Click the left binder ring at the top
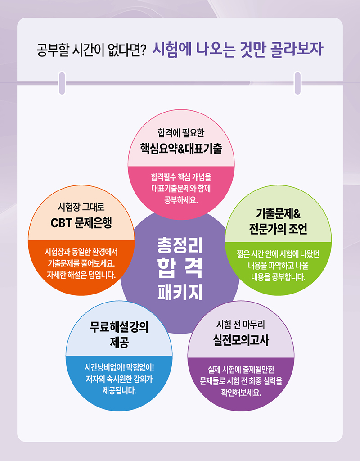pyautogui.click(x=62, y=83)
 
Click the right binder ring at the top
pyautogui.click(x=298, y=83)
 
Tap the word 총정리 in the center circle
pyautogui.click(x=180, y=245)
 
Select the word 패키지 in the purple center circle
pyautogui.click(x=180, y=292)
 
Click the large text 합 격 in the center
pyautogui.click(x=180, y=268)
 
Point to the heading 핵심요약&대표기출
pyautogui.click(x=181, y=149)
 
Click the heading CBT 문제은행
pyautogui.click(x=81, y=223)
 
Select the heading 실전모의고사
pyautogui.click(x=241, y=340)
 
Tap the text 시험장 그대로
pyautogui.click(x=81, y=207)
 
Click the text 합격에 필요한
pyautogui.click(x=181, y=133)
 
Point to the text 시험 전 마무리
pyautogui.click(x=241, y=325)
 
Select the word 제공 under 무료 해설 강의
pyautogui.click(x=119, y=342)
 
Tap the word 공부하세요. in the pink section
pyautogui.click(x=181, y=200)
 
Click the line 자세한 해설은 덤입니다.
pyautogui.click(x=81, y=275)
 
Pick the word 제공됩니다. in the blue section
pyautogui.click(x=119, y=391)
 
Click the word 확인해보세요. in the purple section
pyautogui.click(x=241, y=393)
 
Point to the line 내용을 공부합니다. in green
pyautogui.click(x=278, y=277)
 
